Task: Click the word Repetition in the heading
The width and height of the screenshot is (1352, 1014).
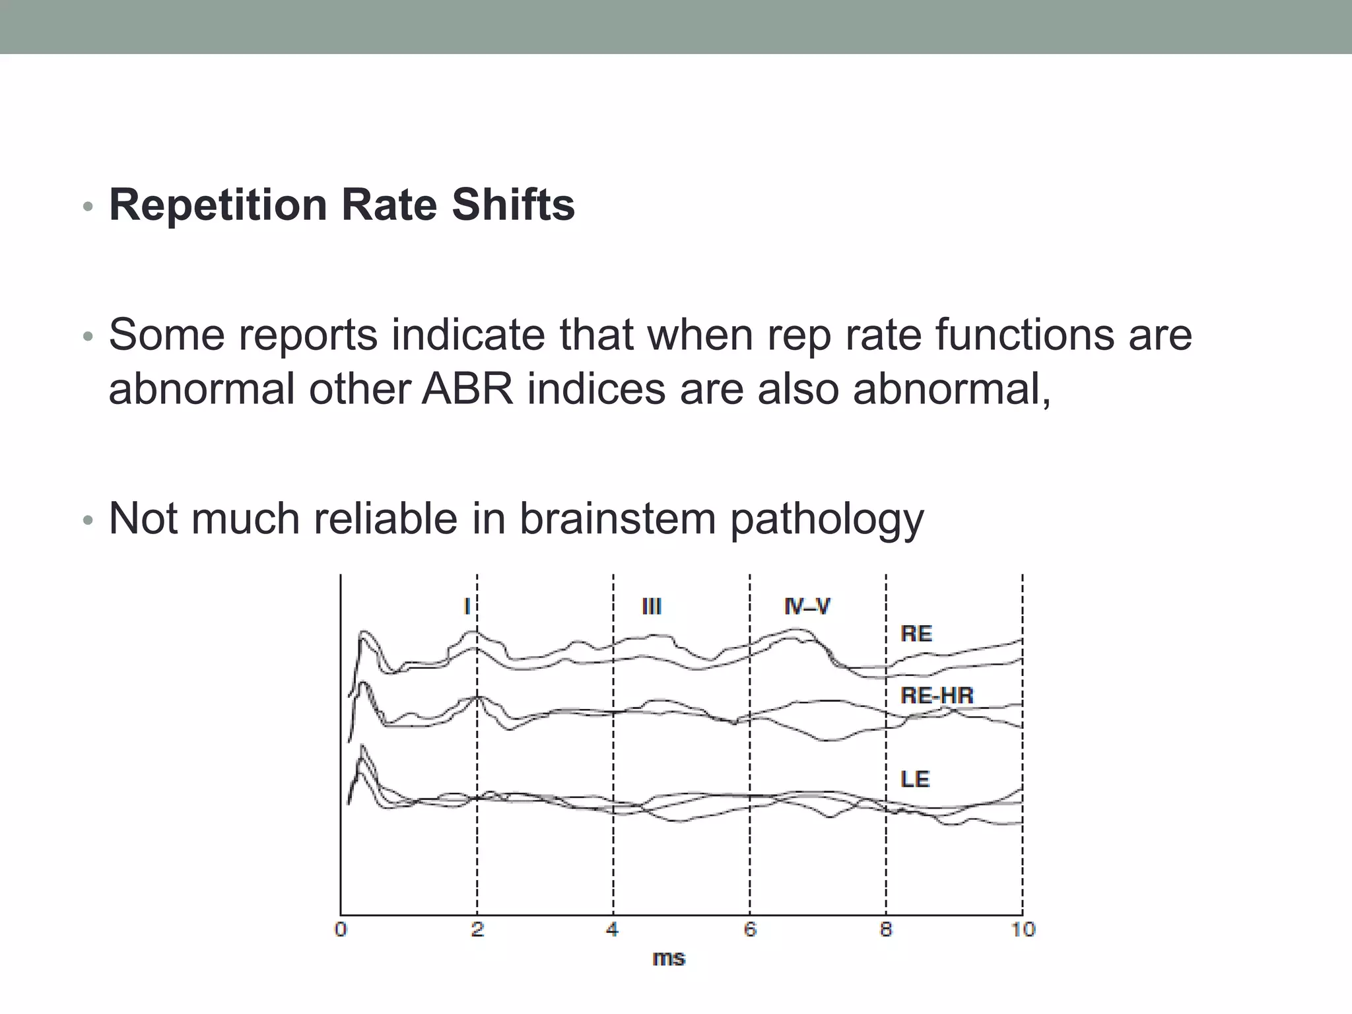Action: pyautogui.click(x=218, y=205)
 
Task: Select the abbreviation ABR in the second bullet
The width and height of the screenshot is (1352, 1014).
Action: pyautogui.click(x=467, y=388)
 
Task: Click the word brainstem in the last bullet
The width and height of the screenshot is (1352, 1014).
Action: pyautogui.click(x=617, y=519)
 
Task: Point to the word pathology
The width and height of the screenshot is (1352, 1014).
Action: pyautogui.click(x=827, y=520)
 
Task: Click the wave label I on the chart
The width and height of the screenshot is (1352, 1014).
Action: pyautogui.click(x=467, y=606)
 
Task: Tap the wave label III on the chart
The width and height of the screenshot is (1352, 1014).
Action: pyautogui.click(x=652, y=606)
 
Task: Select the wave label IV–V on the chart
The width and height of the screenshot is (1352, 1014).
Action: pyautogui.click(x=807, y=606)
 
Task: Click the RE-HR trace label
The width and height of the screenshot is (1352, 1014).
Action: pyautogui.click(x=936, y=695)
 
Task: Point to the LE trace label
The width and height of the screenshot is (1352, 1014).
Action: pyautogui.click(x=914, y=779)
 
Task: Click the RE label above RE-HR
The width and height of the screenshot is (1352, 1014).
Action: pyautogui.click(x=916, y=634)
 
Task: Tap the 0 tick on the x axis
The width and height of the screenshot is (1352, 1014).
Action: pyautogui.click(x=341, y=929)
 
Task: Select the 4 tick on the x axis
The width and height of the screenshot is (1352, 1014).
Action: pyautogui.click(x=613, y=929)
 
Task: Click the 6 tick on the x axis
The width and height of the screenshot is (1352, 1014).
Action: pyautogui.click(x=750, y=929)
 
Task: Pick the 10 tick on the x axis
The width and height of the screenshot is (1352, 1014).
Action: pyautogui.click(x=1023, y=929)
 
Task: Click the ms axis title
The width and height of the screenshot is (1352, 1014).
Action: pyautogui.click(x=669, y=958)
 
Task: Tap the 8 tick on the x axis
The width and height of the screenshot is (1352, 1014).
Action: pyautogui.click(x=886, y=929)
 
